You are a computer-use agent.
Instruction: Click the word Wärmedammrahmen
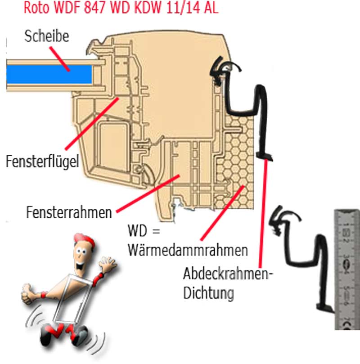(x=188, y=249)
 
